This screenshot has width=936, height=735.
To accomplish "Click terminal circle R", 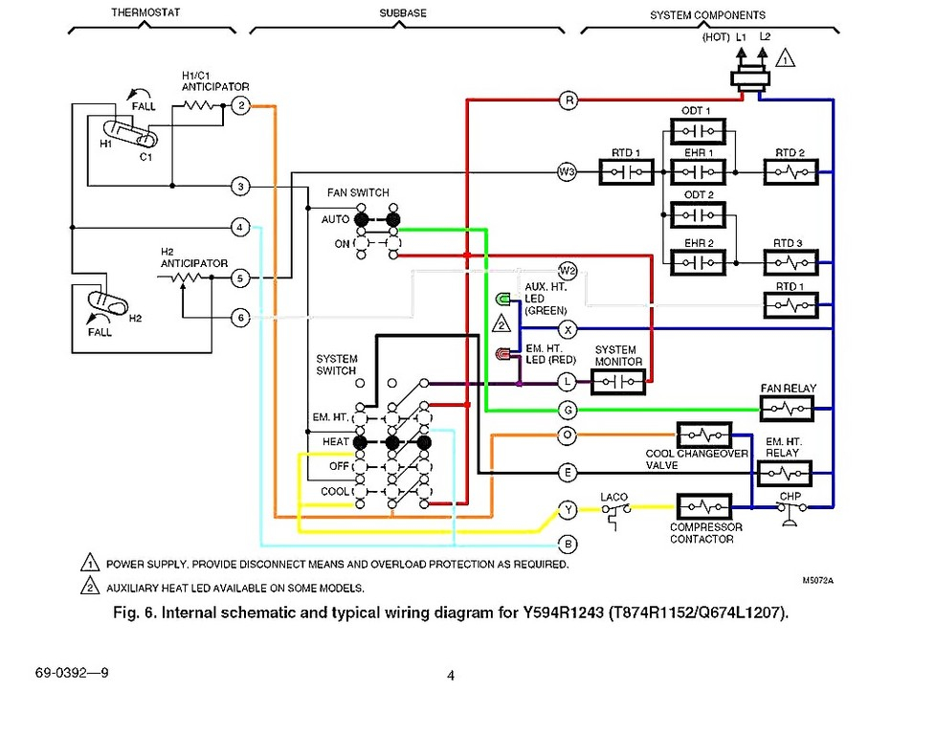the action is pyautogui.click(x=568, y=100).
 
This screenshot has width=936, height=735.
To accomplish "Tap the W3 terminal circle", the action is pyautogui.click(x=567, y=172).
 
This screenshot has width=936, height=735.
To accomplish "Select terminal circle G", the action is pyautogui.click(x=568, y=411).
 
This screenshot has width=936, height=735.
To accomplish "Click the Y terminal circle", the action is pyautogui.click(x=568, y=509).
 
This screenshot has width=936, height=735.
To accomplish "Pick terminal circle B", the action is pyautogui.click(x=568, y=544).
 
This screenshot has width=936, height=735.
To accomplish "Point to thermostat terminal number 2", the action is pyautogui.click(x=240, y=105).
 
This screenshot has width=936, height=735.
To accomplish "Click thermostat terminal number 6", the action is pyautogui.click(x=240, y=317).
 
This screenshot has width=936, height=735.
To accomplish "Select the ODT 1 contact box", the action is pyautogui.click(x=698, y=131).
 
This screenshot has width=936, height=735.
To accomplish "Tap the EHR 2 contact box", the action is pyautogui.click(x=698, y=263).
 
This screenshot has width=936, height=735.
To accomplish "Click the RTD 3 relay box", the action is pyautogui.click(x=791, y=263).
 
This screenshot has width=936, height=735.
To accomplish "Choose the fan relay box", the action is pyautogui.click(x=787, y=409).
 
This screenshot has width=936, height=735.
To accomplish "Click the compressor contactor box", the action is pyautogui.click(x=704, y=507).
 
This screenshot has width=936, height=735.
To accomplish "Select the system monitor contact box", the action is pyautogui.click(x=618, y=382).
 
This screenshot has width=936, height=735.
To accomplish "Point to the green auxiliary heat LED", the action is pyautogui.click(x=502, y=298).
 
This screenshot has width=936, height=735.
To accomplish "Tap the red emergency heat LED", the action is pyautogui.click(x=503, y=354).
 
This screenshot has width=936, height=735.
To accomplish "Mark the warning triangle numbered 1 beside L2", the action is pyautogui.click(x=786, y=59).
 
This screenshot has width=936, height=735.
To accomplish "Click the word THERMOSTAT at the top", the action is pyautogui.click(x=145, y=11).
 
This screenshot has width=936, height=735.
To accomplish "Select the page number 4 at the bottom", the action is pyautogui.click(x=451, y=676).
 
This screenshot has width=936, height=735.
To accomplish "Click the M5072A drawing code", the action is pyautogui.click(x=818, y=580).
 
